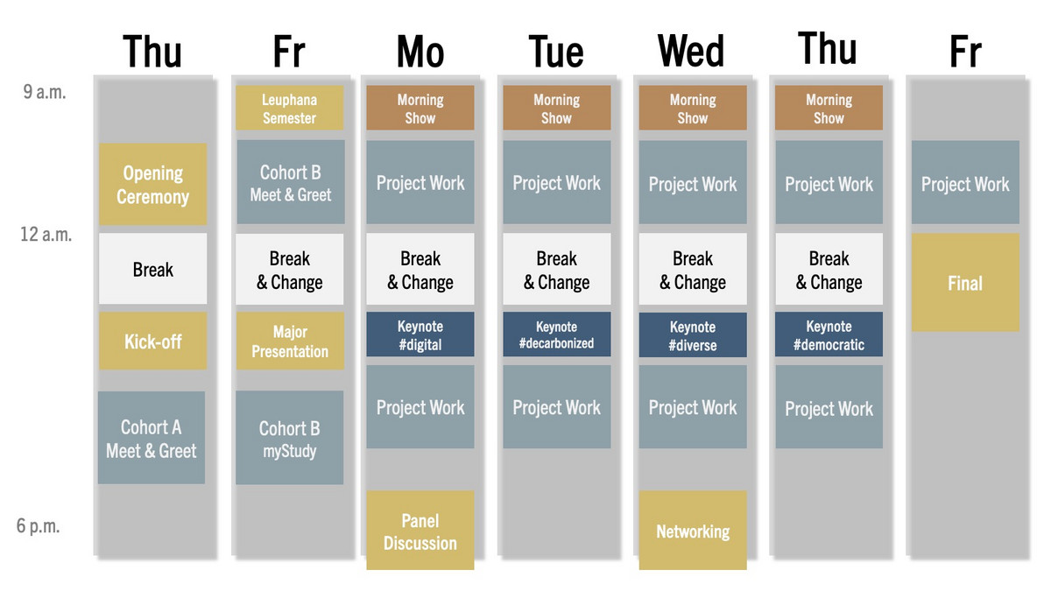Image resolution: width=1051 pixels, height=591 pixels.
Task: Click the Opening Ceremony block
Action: pyautogui.click(x=153, y=185)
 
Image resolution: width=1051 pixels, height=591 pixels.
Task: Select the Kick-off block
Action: pyautogui.click(x=153, y=341)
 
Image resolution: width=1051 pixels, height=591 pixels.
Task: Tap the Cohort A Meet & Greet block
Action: pyautogui.click(x=152, y=438)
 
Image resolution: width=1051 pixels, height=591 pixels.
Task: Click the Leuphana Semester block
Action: pyautogui.click(x=290, y=108)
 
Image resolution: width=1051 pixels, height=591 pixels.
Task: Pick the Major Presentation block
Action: pyautogui.click(x=290, y=341)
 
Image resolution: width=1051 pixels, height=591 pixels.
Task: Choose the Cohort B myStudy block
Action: pyautogui.click(x=290, y=438)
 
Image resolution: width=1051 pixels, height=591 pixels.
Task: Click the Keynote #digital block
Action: pyautogui.click(x=420, y=334)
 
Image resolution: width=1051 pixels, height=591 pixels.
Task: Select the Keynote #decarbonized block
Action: pyautogui.click(x=557, y=334)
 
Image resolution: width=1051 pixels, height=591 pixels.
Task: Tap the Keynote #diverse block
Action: pyautogui.click(x=693, y=334)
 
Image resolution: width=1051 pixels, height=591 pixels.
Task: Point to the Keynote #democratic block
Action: pyautogui.click(x=829, y=334)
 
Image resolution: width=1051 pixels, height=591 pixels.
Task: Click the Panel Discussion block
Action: pyautogui.click(x=420, y=531)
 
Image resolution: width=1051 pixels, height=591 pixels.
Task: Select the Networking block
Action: pyautogui.click(x=693, y=531)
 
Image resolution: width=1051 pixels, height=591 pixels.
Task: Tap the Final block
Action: pyautogui.click(x=965, y=283)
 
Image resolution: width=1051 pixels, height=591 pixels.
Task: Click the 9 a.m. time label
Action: pyautogui.click(x=45, y=92)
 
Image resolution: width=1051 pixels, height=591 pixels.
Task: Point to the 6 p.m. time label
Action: pyautogui.click(x=39, y=526)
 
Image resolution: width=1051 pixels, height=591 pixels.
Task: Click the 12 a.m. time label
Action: pyautogui.click(x=46, y=234)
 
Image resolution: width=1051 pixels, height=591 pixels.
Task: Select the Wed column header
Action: pyautogui.click(x=691, y=51)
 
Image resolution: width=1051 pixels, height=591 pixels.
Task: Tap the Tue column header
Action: pyautogui.click(x=556, y=52)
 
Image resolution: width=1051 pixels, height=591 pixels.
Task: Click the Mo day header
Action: pyautogui.click(x=420, y=52)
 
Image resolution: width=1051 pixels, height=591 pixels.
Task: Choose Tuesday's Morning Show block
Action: pyautogui.click(x=557, y=108)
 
